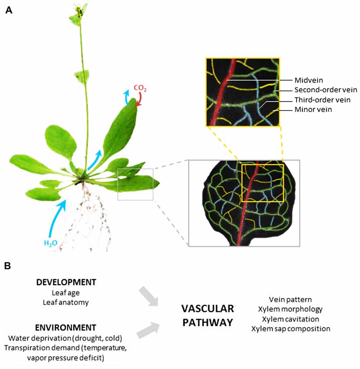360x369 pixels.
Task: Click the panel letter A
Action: click(9, 10)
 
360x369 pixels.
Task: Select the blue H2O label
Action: click(51, 243)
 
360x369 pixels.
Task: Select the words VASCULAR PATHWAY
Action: click(207, 315)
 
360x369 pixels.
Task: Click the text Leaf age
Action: click(66, 292)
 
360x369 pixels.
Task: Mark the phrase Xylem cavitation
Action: click(291, 319)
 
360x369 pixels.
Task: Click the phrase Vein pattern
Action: click(290, 300)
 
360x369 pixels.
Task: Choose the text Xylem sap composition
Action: click(291, 329)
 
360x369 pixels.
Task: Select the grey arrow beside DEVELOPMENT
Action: click(148, 298)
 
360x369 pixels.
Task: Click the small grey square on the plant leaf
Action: click(135, 184)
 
